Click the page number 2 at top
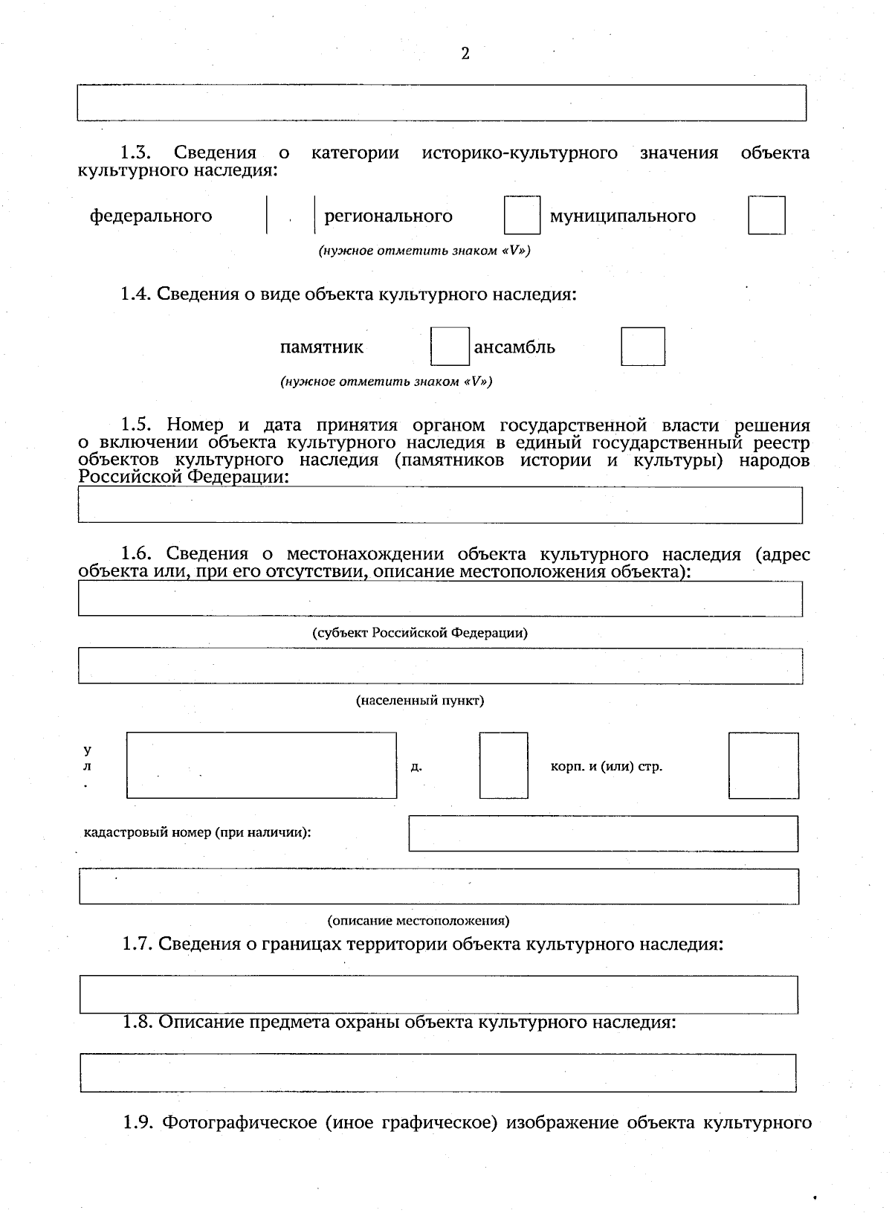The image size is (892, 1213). tap(465, 54)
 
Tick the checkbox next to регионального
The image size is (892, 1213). tap(522, 215)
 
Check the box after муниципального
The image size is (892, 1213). tap(766, 215)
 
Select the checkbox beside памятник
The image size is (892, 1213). tap(450, 347)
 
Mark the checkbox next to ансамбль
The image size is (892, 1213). tap(643, 347)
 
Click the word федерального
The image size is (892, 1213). tap(151, 216)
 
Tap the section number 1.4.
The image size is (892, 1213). tap(136, 294)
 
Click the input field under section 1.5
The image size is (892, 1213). tap(440, 505)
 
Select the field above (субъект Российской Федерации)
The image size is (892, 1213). tap(440, 599)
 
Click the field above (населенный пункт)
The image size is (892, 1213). tap(440, 666)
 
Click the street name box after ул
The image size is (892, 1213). tap(261, 765)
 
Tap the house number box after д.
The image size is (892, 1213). tap(503, 765)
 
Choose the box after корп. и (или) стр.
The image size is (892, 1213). tap(763, 765)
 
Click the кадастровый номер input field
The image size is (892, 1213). tap(603, 834)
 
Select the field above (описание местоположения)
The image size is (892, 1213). tap(439, 887)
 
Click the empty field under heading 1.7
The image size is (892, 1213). tap(439, 994)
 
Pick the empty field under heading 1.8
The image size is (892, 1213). tap(439, 1072)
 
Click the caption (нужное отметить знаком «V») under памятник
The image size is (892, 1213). tap(386, 382)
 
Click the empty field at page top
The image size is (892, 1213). tap(442, 103)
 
